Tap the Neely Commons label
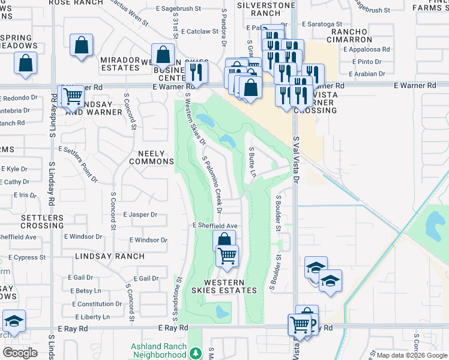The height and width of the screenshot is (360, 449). tap(151, 158)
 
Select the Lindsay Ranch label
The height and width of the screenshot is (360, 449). tap(110, 256)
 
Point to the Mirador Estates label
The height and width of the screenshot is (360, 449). tap(120, 64)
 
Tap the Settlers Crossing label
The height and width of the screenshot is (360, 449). tap(42, 221)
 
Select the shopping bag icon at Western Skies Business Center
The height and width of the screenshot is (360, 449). tap(163, 54)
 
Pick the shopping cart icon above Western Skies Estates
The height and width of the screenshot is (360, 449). tap(227, 255)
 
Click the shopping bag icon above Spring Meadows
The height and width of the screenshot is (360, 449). tap(25, 62)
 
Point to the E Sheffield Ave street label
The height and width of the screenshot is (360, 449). tap(215, 225)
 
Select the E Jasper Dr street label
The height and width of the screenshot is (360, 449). tap(140, 214)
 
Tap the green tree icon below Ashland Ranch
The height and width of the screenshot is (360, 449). tap(195, 354)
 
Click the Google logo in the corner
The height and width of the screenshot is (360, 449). tap(20, 353)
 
